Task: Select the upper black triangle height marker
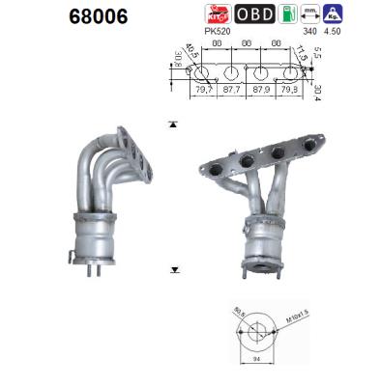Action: click(172, 124)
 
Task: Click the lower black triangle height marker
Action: click(172, 271)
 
